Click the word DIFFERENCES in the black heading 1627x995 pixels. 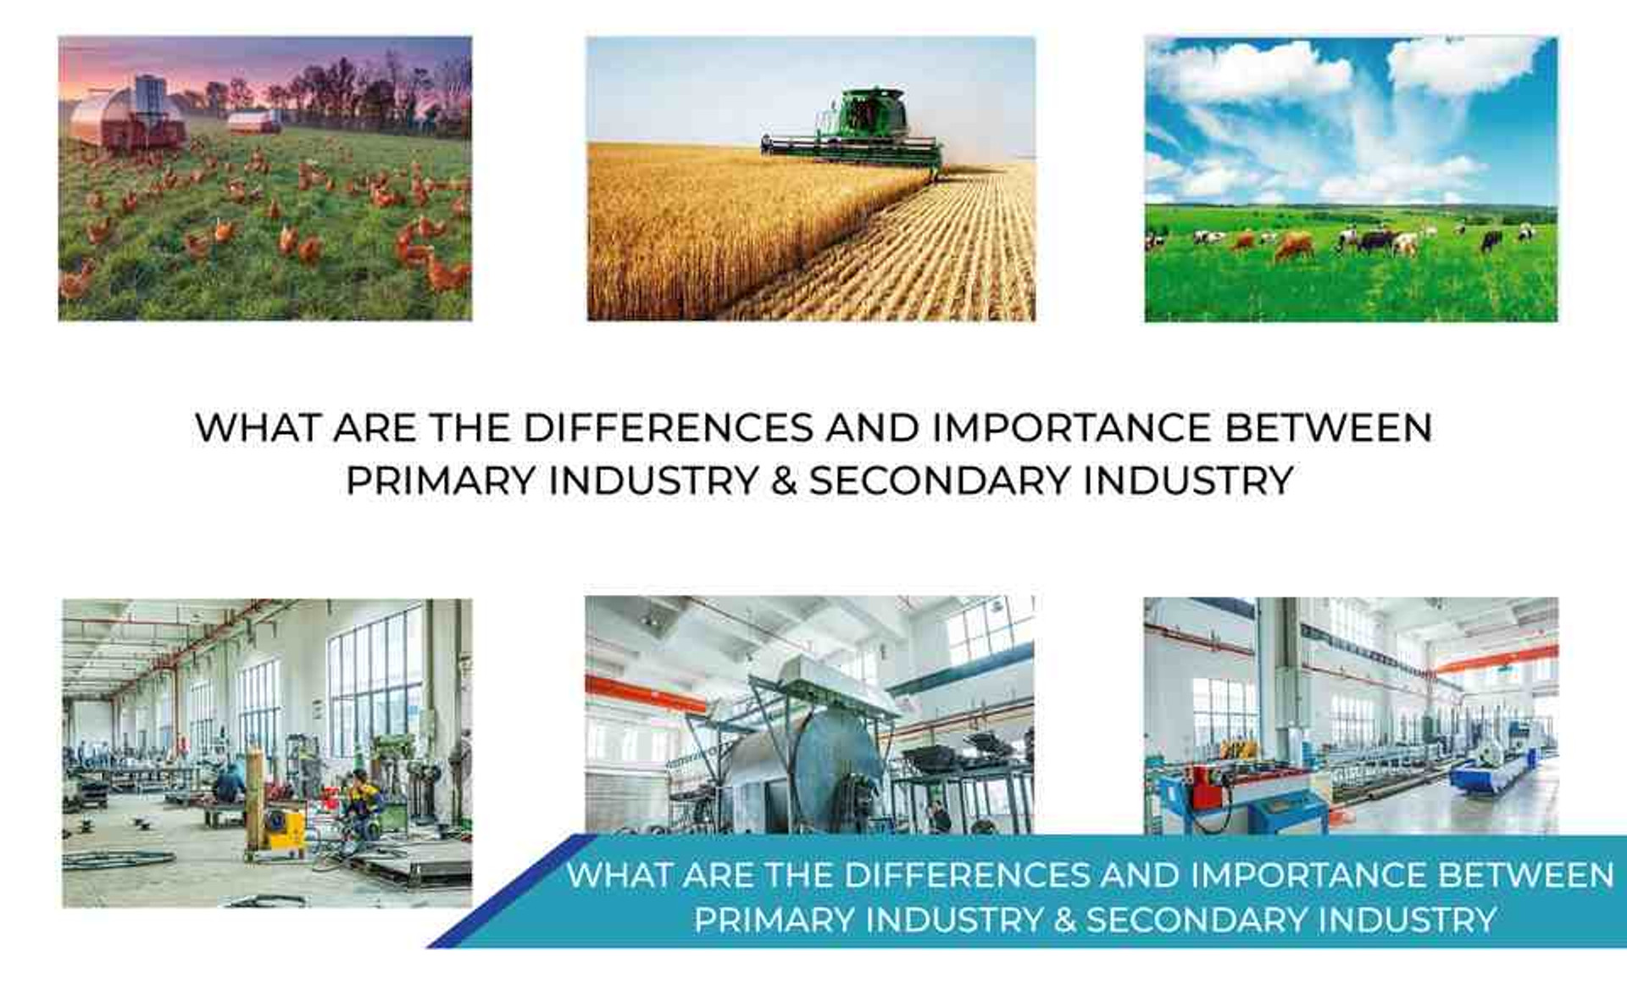[669, 427]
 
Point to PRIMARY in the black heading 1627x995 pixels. [441, 481]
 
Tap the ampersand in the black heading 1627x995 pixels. [785, 481]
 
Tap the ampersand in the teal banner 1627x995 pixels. [1064, 920]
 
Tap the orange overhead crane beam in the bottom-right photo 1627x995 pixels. [1497, 659]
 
